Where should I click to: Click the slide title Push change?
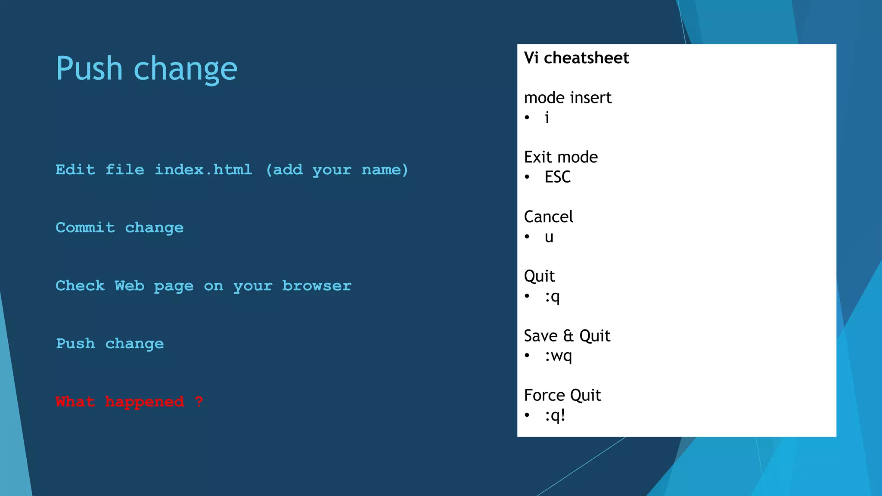tap(146, 69)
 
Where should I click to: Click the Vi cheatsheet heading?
tap(576, 58)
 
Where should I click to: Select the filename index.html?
tap(203, 170)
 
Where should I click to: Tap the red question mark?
tap(199, 402)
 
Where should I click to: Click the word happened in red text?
tap(144, 402)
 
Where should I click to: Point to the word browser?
tap(317, 286)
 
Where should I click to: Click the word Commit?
tap(85, 227)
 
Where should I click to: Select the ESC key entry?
tap(557, 177)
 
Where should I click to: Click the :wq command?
tap(558, 356)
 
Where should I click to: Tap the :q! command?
tap(555, 415)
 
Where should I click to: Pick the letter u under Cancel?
tap(549, 237)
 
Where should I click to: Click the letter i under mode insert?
tap(547, 118)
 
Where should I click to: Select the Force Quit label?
tap(562, 395)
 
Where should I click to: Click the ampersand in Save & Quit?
tap(568, 336)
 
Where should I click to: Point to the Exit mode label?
tap(561, 157)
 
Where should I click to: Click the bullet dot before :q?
tap(527, 415)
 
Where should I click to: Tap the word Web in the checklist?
tap(129, 286)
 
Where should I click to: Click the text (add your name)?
tap(337, 170)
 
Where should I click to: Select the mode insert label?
tap(568, 98)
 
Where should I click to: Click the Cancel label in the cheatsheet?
tap(548, 217)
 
